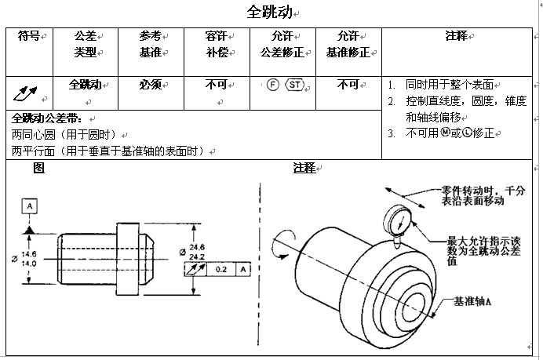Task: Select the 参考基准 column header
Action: (150, 44)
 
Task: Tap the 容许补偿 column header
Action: (216, 44)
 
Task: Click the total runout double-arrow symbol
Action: (25, 93)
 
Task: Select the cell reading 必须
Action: (150, 84)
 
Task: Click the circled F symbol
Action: (272, 85)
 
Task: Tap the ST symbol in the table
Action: (294, 85)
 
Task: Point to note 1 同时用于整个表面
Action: (452, 85)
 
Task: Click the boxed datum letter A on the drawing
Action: (29, 205)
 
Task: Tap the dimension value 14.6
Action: (28, 254)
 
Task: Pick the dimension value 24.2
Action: (197, 256)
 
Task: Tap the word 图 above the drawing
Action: (38, 168)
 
